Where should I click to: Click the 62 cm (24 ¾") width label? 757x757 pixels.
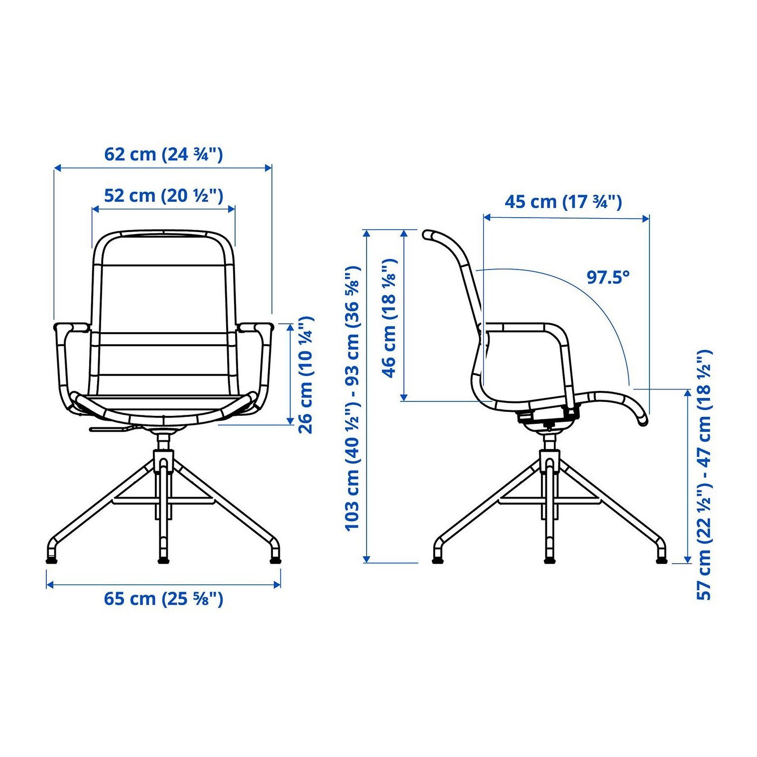click(x=163, y=154)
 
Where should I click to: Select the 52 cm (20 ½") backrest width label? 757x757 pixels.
click(x=163, y=195)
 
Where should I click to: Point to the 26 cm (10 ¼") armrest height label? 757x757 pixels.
click(x=305, y=375)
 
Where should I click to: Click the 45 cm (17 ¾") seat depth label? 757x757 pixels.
click(x=563, y=202)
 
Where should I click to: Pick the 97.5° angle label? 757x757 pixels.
click(x=608, y=277)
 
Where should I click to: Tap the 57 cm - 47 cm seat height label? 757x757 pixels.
click(x=704, y=475)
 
